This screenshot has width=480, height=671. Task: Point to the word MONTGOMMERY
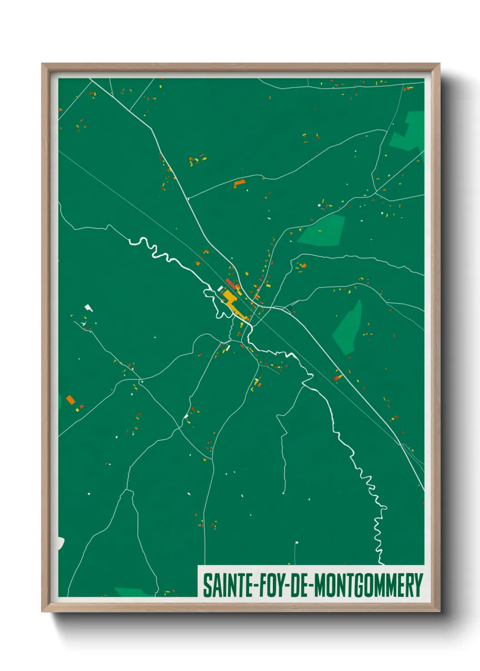[368, 585]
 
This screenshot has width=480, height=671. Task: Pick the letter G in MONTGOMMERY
[358, 585]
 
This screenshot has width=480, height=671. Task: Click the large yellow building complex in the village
[231, 301]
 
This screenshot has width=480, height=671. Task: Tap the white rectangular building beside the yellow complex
[220, 289]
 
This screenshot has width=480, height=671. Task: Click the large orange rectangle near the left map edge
[70, 399]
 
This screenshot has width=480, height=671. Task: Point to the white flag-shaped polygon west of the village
[88, 308]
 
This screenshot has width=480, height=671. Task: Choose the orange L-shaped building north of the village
[239, 183]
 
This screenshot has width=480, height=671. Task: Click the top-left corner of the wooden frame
[43, 64]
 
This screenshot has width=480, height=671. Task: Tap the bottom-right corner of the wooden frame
[439, 611]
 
